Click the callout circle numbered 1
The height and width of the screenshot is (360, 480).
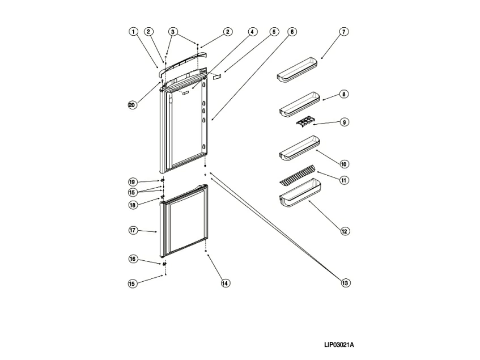[x=133, y=32]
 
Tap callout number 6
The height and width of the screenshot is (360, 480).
[x=291, y=32]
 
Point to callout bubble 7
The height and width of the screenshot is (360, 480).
[x=344, y=32]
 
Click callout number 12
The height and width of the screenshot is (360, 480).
[x=345, y=231]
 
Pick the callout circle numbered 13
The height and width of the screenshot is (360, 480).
[x=345, y=282]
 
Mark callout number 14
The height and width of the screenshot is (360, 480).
[x=226, y=282]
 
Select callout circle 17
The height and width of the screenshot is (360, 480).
[x=132, y=231]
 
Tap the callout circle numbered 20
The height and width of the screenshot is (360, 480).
[x=132, y=105]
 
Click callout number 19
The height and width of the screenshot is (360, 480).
[x=132, y=182]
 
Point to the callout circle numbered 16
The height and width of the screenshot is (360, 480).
[x=132, y=259]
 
